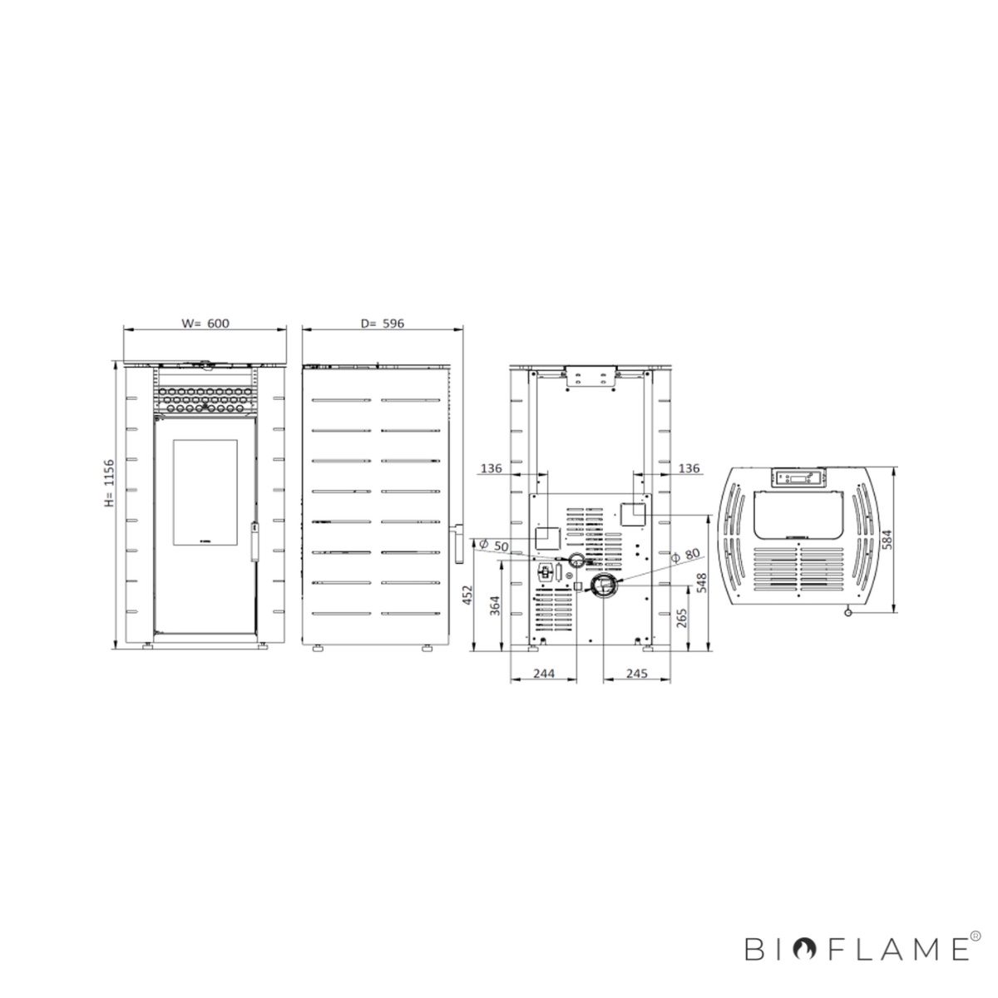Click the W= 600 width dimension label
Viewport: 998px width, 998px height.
click(x=205, y=324)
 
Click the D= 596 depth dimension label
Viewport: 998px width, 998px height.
click(x=383, y=324)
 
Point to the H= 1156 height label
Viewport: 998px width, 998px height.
click(x=109, y=482)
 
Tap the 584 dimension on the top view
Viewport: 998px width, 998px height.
click(x=887, y=539)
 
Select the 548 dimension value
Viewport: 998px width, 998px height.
click(x=702, y=583)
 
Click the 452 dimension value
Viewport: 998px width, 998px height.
click(x=467, y=595)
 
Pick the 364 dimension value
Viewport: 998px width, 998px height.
click(x=495, y=606)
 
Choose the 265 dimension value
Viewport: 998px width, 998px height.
click(x=682, y=618)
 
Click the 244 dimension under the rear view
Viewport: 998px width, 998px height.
click(x=544, y=674)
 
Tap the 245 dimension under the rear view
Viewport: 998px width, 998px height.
click(x=636, y=674)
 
